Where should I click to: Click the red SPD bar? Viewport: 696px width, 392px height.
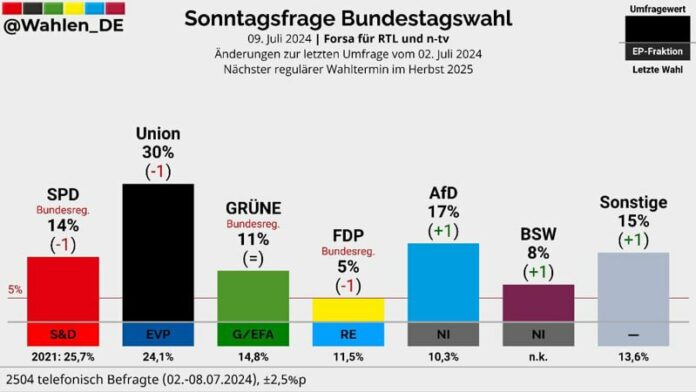pyautogui.click(x=62, y=288)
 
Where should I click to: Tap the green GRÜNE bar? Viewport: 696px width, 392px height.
pyautogui.click(x=253, y=295)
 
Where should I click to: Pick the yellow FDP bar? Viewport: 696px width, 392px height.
pyautogui.click(x=348, y=309)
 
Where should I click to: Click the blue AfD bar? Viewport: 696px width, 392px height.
pyautogui.click(x=443, y=281)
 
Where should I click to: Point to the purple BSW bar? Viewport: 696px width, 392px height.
pyautogui.click(x=538, y=302)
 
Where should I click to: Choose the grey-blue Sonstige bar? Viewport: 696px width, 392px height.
pyautogui.click(x=633, y=286)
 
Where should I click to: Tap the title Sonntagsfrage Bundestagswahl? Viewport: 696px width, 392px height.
pyautogui.click(x=348, y=18)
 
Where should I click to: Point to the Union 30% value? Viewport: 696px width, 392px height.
pyautogui.click(x=157, y=152)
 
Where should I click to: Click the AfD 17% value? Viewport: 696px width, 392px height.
pyautogui.click(x=443, y=211)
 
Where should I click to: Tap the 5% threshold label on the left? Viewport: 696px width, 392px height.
pyautogui.click(x=14, y=291)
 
